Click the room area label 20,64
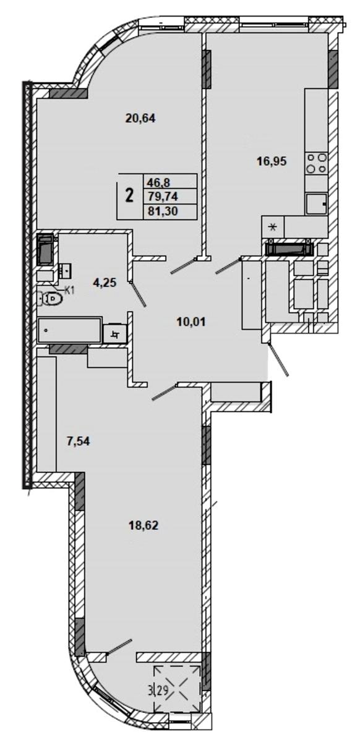(140, 118)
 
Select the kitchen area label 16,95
(272, 161)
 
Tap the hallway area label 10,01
(191, 322)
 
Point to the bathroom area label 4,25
(105, 283)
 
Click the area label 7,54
(79, 441)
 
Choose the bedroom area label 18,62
(144, 525)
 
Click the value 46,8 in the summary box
(161, 182)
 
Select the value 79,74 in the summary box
(163, 197)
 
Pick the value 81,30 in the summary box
(163, 211)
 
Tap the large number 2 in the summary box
(129, 196)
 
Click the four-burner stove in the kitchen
(317, 163)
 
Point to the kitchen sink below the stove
(317, 203)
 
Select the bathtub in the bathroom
(69, 330)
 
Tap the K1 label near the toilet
(69, 291)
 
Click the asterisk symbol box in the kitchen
(273, 228)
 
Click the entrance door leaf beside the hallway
(278, 360)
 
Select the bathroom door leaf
(138, 294)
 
